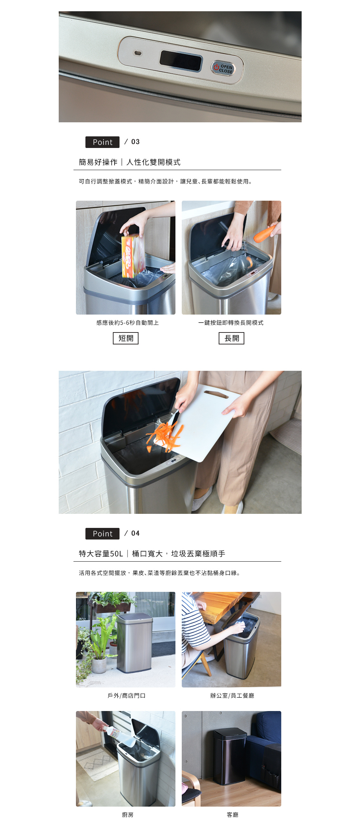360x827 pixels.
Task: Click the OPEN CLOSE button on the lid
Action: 223,68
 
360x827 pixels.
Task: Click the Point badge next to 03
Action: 102,142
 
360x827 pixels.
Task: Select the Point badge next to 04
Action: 102,534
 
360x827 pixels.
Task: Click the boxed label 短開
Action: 126,338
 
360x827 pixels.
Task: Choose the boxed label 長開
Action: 231,338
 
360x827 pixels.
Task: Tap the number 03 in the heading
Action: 135,142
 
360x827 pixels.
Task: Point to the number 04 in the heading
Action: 135,533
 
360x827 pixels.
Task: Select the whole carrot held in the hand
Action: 265,234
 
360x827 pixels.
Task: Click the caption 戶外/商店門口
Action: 127,696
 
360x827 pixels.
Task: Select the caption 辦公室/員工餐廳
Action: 232,696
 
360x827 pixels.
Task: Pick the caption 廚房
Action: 128,815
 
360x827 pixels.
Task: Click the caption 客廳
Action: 232,815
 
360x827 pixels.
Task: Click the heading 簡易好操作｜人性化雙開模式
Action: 129,162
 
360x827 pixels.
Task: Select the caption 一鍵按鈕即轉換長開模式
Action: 231,323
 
